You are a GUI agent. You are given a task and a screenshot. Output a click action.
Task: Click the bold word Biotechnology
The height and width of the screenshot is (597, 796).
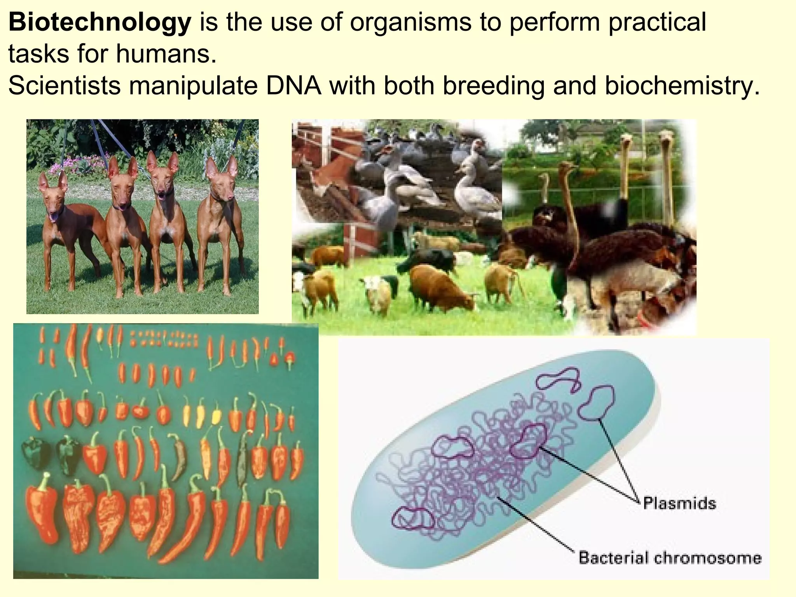click(x=99, y=23)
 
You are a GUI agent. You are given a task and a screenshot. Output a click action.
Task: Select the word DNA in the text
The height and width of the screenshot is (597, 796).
click(x=293, y=86)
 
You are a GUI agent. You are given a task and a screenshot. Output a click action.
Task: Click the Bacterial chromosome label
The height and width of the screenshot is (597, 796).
click(x=670, y=558)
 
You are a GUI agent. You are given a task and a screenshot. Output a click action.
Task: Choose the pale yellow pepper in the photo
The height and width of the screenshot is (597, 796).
click(x=216, y=417)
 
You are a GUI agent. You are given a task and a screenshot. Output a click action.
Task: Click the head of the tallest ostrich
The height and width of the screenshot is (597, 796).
click(x=666, y=136)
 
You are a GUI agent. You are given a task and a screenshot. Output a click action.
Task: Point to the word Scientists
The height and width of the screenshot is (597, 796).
click(x=64, y=86)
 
